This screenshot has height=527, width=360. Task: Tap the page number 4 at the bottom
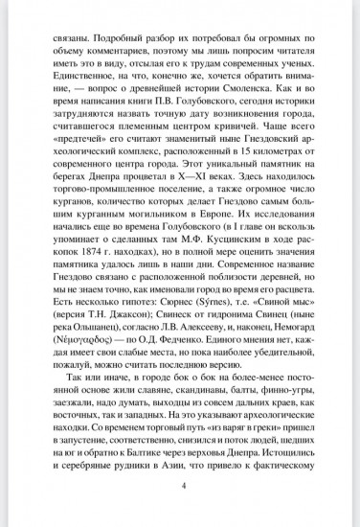click(180, 513)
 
